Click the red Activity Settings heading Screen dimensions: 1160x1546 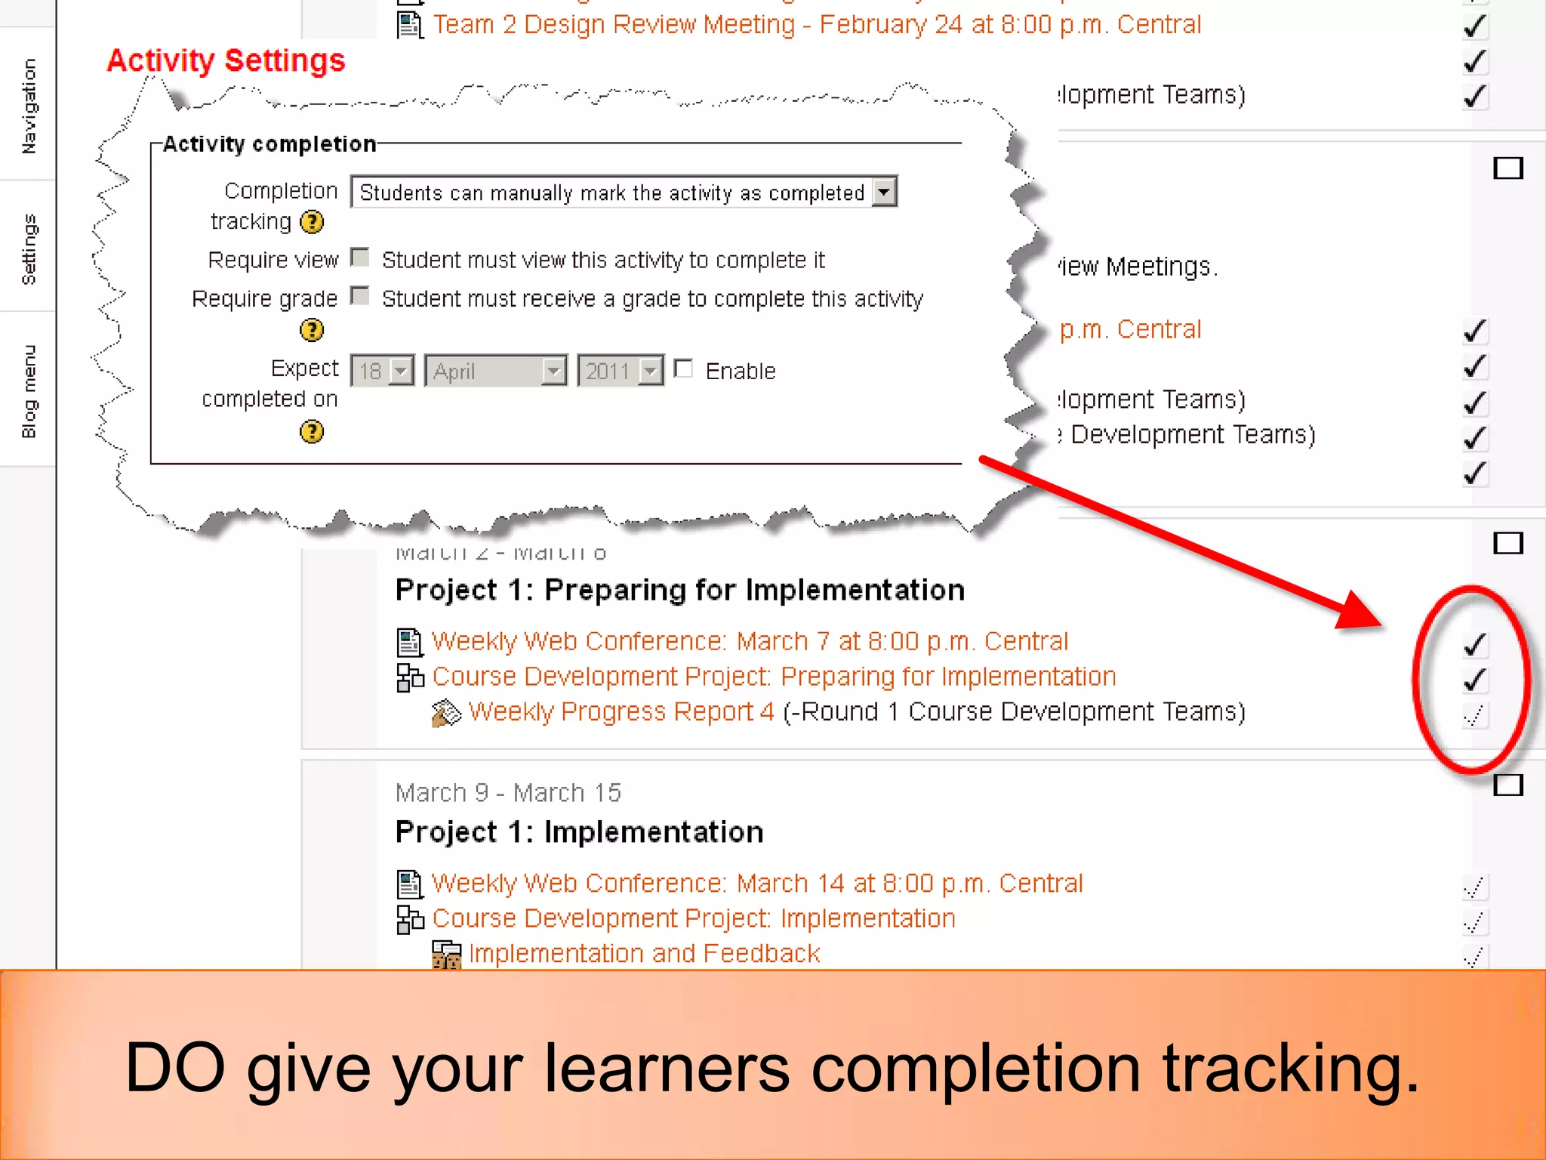(226, 60)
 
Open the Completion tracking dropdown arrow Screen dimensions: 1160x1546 (884, 192)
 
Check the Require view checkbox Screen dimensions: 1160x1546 (361, 258)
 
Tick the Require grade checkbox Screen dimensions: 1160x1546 (361, 297)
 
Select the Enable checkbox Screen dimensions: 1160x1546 (684, 369)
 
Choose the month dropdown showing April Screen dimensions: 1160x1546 (495, 371)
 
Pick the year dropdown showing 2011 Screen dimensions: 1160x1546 (620, 371)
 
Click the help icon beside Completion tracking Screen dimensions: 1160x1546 (312, 222)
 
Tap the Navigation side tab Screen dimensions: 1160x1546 (28, 106)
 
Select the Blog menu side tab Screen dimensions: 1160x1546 (28, 391)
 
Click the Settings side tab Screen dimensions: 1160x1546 (28, 248)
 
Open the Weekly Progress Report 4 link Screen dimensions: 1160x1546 (621, 711)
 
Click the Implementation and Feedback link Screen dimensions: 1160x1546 (644, 953)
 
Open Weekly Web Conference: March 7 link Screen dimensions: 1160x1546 (750, 641)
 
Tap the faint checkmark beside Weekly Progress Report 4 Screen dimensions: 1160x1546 (1474, 714)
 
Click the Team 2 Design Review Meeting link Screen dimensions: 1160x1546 (817, 25)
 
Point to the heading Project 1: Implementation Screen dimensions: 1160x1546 (579, 832)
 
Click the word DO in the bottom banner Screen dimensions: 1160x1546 (174, 1067)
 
